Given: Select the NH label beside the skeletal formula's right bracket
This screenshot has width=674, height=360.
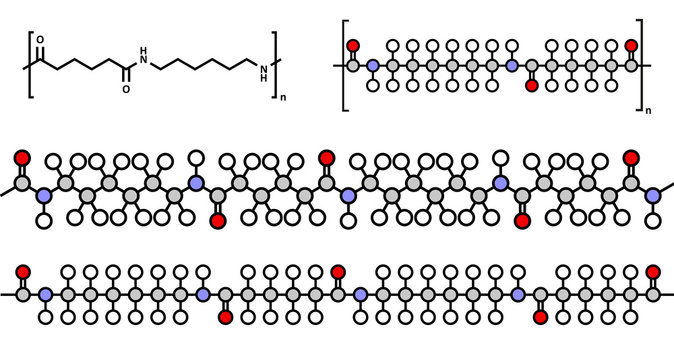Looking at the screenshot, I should click(263, 67).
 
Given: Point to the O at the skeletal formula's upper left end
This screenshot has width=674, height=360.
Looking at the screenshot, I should click(40, 40).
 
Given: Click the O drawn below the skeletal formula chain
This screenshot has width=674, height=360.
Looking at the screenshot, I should click(126, 88).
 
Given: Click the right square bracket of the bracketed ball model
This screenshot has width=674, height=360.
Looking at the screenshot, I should click(641, 65).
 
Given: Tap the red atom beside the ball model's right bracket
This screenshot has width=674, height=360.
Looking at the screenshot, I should click(631, 46).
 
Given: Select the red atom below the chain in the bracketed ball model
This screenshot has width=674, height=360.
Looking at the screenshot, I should click(531, 86).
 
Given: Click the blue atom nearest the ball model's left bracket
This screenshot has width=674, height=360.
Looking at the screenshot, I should click(372, 66).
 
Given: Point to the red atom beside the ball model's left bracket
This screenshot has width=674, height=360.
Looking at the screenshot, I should click(352, 46).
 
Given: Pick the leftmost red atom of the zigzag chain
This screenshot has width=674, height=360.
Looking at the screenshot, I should click(22, 157).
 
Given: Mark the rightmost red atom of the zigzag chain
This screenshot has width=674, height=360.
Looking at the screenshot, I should click(631, 157).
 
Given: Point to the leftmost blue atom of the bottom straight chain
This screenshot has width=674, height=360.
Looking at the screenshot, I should click(45, 295).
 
